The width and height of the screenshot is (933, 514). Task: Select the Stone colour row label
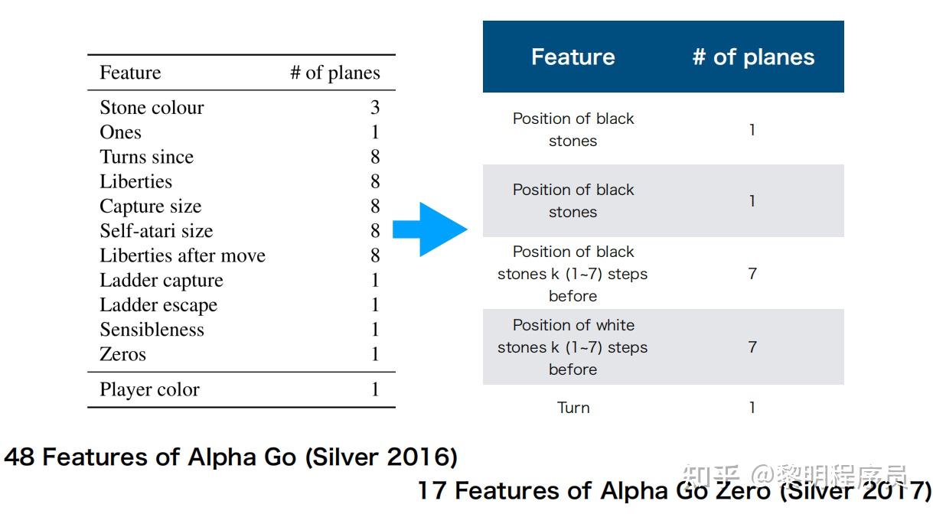152,108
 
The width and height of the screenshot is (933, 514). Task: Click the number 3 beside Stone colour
375,108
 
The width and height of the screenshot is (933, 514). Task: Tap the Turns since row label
146,157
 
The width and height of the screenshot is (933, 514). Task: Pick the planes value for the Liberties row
375,181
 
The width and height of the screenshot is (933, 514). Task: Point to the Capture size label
150,207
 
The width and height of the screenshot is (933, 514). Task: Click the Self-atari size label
156,231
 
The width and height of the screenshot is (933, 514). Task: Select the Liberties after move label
182,255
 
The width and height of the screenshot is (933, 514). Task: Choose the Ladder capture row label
161,281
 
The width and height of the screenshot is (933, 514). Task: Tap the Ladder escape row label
158,305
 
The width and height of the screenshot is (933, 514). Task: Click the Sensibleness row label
152,330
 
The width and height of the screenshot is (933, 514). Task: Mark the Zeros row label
122,354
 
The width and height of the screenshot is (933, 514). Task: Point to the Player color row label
149,389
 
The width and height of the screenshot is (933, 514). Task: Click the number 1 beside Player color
375,389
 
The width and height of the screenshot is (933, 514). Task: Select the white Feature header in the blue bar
573,57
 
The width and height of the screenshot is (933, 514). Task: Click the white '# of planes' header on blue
753,57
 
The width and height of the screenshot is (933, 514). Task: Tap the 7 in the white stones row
752,347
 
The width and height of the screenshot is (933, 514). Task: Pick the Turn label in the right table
573,408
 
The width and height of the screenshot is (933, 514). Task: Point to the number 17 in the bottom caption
432,490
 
